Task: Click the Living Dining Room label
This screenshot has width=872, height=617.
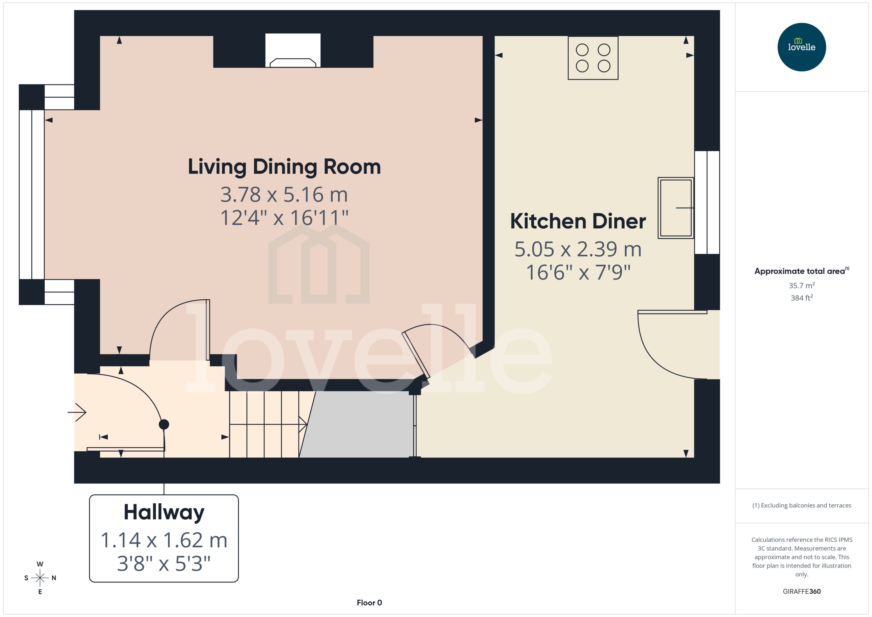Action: pos(284,167)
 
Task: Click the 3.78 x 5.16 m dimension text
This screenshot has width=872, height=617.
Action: pos(284,195)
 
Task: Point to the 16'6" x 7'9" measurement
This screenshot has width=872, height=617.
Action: pos(578,273)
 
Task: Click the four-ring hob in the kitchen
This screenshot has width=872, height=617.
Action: pos(593,58)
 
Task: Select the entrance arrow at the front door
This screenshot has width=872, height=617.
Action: pos(77,412)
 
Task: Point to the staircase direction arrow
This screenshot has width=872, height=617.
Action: pos(302,424)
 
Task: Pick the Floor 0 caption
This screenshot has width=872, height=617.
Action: pos(369,603)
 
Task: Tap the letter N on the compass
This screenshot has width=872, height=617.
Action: pos(54,578)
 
